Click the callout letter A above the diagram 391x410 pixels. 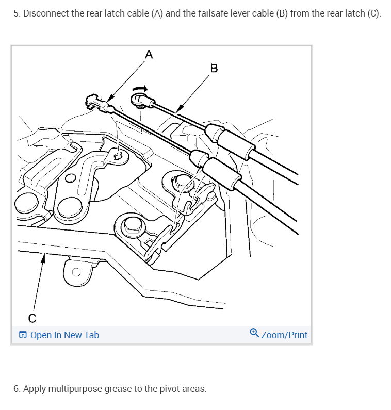click(149, 54)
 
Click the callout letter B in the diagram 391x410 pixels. click(214, 68)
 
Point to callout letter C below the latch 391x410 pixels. click(32, 318)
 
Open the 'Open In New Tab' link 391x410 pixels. click(64, 335)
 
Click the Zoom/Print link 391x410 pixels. click(284, 335)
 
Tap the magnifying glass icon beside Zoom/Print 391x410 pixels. click(254, 333)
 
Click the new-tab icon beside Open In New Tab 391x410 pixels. click(23, 335)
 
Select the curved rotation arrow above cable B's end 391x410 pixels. click(140, 89)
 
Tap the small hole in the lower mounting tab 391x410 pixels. click(76, 272)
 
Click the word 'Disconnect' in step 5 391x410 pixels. click(46, 13)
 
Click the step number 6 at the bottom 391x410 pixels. click(17, 389)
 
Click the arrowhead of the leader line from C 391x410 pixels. click(43, 258)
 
